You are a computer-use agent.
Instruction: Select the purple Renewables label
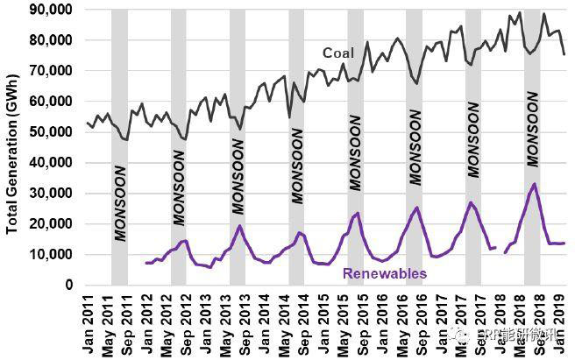(385, 273)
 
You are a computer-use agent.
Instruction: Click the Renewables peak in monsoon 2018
(534, 184)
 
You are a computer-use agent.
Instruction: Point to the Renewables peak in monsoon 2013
(238, 226)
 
